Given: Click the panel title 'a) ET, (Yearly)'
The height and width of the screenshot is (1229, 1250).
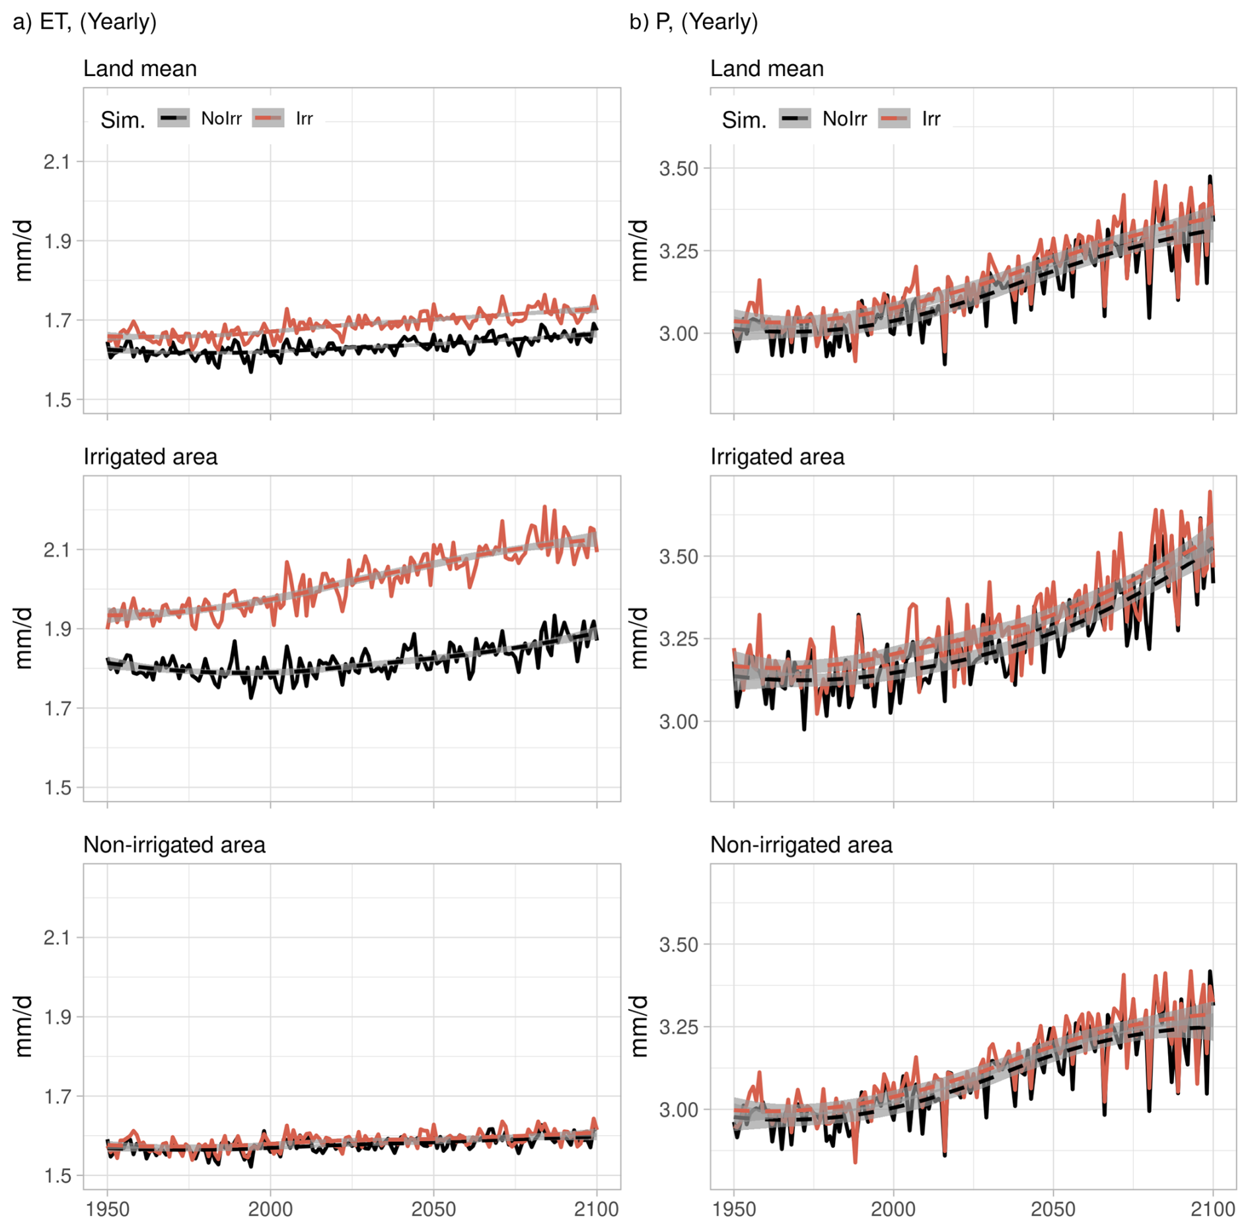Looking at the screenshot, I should click(x=85, y=22).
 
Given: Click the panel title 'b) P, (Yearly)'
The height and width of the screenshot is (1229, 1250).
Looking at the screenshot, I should click(x=693, y=22).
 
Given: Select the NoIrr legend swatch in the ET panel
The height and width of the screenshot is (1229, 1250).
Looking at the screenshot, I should click(x=174, y=118).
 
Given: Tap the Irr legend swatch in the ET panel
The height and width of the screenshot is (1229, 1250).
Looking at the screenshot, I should click(x=268, y=118).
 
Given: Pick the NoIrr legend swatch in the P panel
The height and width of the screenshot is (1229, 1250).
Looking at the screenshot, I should click(x=795, y=119).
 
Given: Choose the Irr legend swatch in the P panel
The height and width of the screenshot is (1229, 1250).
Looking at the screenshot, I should click(x=894, y=119).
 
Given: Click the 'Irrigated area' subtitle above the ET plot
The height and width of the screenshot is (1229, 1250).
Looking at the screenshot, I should click(x=150, y=457).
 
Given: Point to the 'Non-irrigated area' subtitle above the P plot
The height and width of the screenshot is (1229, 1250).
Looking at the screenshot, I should click(x=801, y=844).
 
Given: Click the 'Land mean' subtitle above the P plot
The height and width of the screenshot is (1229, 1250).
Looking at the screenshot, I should click(x=766, y=69).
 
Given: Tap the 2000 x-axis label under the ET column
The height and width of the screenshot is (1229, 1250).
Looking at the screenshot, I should click(x=270, y=1209).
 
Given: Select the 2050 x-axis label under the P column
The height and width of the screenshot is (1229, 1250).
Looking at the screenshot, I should click(x=1053, y=1209).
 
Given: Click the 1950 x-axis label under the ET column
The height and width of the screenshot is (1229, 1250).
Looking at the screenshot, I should click(x=108, y=1209).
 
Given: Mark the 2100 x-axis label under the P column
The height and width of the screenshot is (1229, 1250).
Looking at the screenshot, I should click(x=1212, y=1209).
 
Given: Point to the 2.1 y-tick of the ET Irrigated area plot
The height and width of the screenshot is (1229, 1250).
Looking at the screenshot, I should click(x=57, y=550).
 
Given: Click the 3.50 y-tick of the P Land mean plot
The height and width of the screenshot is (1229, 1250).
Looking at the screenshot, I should click(x=679, y=168).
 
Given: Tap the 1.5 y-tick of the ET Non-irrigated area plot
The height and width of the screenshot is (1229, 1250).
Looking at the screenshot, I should click(x=57, y=1175).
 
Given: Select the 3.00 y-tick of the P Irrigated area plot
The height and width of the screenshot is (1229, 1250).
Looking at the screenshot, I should click(x=679, y=722).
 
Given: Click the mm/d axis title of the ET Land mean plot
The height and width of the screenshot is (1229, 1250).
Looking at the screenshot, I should click(x=23, y=251).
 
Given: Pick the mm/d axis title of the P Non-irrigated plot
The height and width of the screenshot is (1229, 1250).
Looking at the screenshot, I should click(x=639, y=1026).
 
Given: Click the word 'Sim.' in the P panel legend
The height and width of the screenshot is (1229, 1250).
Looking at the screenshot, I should click(x=744, y=120).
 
